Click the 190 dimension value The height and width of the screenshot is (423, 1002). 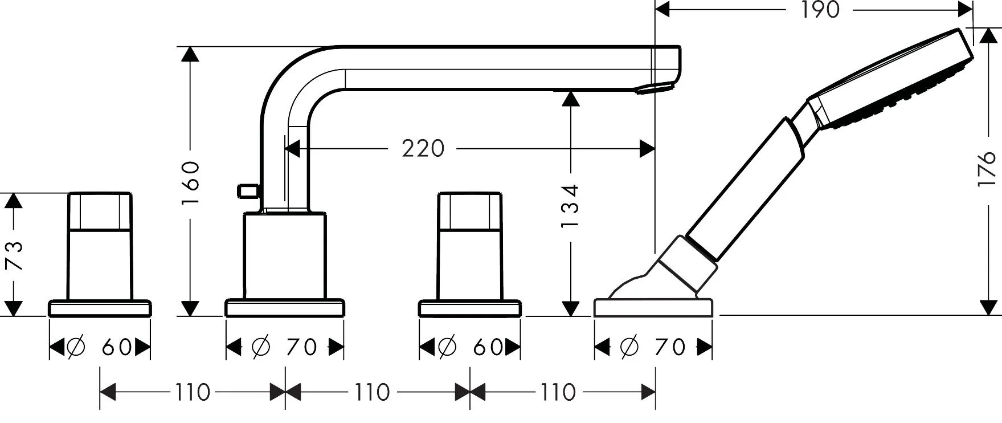[x=820, y=10]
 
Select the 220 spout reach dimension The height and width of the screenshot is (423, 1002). [x=423, y=149]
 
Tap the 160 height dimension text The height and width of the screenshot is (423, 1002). [x=192, y=182]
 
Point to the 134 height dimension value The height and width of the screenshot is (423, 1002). [x=570, y=205]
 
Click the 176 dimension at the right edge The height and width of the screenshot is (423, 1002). [x=988, y=168]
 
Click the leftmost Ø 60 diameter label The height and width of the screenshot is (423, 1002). [x=100, y=347]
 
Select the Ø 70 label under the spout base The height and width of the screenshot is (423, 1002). [x=284, y=347]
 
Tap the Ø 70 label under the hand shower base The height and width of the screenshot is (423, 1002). [x=653, y=347]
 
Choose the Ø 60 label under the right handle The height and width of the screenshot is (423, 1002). [x=470, y=347]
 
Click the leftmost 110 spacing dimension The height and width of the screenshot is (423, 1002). [x=192, y=392]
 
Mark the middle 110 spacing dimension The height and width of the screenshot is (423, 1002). [x=372, y=392]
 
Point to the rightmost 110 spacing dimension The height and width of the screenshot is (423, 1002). [x=557, y=392]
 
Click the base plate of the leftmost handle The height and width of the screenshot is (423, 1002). [x=100, y=308]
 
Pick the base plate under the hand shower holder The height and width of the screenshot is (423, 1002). [x=653, y=308]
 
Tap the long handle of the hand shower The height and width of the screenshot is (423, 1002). [x=746, y=188]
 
